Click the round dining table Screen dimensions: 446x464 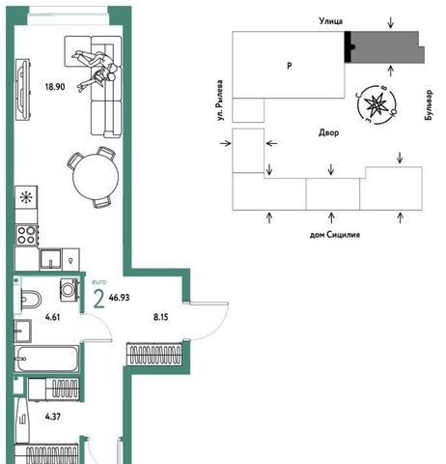coord(96,177)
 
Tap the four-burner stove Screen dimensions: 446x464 coord(27,236)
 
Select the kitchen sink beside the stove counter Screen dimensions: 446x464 coord(50,259)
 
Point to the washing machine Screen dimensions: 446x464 coord(70,289)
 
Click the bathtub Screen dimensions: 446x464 coord(47,359)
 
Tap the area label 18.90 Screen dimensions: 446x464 coord(55,87)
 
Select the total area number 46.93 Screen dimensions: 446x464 coord(119,298)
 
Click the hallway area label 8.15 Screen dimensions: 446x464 coord(160,317)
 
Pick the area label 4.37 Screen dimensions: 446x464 coord(53,417)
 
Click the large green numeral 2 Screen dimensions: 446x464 coord(98,299)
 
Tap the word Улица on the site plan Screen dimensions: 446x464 coord(331,21)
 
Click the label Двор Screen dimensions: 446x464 coord(329,132)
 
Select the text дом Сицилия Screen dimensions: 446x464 coord(335,235)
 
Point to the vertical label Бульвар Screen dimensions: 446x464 coord(429,105)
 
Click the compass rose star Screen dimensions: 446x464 coord(376,104)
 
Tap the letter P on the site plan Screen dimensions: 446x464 coord(290,66)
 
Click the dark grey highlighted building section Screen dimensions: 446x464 coord(387,47)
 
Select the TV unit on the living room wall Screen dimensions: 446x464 coord(23,90)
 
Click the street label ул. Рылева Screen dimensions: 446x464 coord(220,101)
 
